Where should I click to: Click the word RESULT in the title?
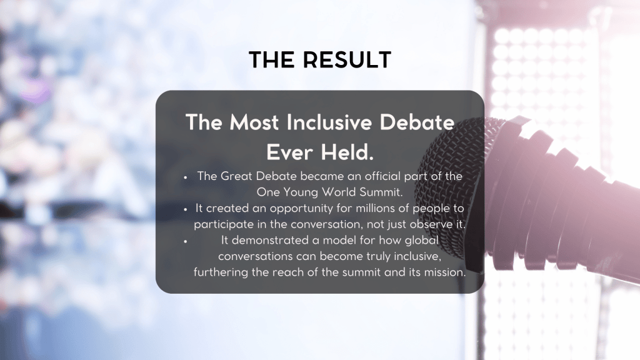[x=347, y=60]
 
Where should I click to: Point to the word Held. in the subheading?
[x=347, y=152]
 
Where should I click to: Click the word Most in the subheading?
[x=254, y=122]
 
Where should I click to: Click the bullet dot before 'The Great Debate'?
[x=185, y=177]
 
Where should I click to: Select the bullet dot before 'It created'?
[x=185, y=209]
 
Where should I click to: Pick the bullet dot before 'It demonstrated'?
[x=185, y=242]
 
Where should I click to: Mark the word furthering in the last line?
[x=221, y=272]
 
